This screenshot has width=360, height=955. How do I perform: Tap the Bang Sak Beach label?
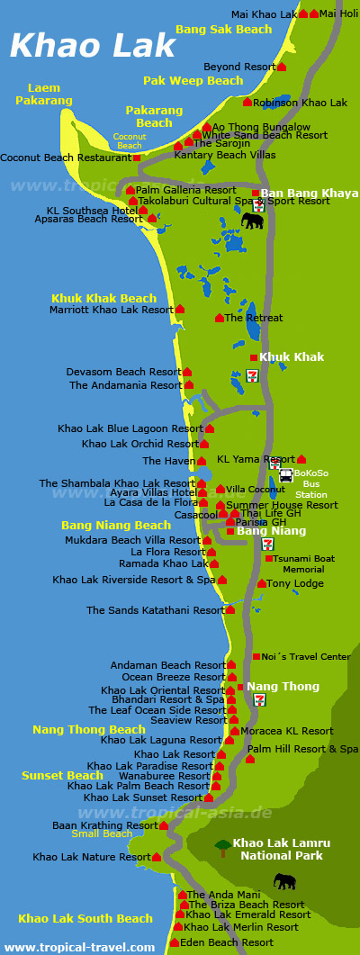[x=223, y=30]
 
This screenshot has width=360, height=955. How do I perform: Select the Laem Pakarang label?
[x=44, y=95]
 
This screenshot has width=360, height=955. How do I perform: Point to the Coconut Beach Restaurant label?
[x=65, y=158]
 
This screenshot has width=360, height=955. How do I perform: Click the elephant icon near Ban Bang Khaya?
[x=252, y=220]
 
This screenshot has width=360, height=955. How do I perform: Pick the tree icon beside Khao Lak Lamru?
[x=221, y=847]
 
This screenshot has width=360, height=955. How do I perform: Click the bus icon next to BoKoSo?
[x=285, y=475]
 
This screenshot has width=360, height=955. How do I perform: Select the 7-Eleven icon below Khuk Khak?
[x=252, y=374]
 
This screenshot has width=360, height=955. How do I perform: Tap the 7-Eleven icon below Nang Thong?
[x=259, y=700]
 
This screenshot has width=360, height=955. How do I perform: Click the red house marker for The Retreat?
[x=219, y=318]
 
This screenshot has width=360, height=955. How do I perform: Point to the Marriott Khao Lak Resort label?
[x=112, y=310]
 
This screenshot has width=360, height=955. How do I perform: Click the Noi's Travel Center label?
[x=307, y=656]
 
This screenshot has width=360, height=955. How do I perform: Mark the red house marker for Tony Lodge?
[x=261, y=583]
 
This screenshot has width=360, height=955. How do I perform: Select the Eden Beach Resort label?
[x=228, y=942]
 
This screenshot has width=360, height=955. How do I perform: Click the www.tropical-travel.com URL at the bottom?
[x=79, y=947]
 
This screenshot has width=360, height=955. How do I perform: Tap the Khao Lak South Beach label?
[x=85, y=918]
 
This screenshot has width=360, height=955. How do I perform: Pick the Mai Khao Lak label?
[x=264, y=14]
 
